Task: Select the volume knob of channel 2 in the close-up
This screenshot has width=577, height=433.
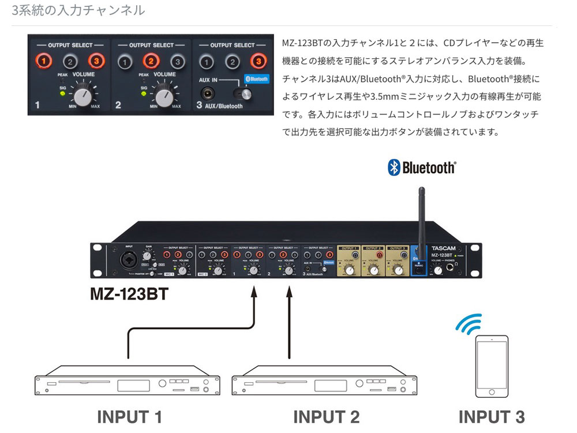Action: [164, 97]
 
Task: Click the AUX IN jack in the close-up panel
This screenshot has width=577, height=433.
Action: [205, 93]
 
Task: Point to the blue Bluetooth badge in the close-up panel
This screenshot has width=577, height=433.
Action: [256, 79]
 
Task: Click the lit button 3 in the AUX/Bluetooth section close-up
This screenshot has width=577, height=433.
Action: [258, 61]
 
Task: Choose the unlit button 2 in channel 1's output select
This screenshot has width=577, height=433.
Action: [69, 61]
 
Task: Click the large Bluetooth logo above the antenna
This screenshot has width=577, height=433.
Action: [421, 168]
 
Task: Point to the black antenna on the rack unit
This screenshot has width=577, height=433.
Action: [421, 211]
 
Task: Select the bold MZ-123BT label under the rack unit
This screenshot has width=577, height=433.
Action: [129, 295]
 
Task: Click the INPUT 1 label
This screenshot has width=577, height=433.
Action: [129, 416]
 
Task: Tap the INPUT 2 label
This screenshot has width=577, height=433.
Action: [326, 416]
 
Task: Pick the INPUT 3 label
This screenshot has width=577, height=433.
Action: [491, 416]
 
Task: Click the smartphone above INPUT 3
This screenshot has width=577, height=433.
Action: [491, 367]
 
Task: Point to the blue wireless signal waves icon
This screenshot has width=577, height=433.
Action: [468, 325]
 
